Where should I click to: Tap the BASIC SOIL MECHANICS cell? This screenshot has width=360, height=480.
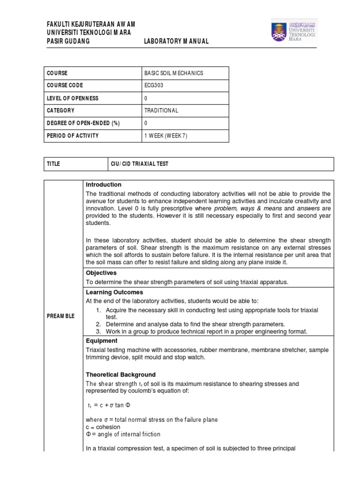pos(168,73)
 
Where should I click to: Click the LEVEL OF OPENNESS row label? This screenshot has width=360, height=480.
pos(72,98)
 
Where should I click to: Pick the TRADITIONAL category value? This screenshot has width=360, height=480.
pos(162,111)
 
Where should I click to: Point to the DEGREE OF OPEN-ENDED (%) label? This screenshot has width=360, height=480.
pos(83,123)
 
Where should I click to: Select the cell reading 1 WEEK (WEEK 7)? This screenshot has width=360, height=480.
pos(167,136)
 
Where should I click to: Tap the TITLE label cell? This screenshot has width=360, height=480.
pos(53,164)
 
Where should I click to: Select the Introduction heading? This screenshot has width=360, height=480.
pos(104,185)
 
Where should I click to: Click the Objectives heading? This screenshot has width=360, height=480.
pos(101,273)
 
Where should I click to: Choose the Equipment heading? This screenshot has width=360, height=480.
pos(102,341)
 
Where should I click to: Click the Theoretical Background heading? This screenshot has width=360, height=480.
pos(121,375)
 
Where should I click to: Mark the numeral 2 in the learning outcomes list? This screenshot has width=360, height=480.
pos(98,324)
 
